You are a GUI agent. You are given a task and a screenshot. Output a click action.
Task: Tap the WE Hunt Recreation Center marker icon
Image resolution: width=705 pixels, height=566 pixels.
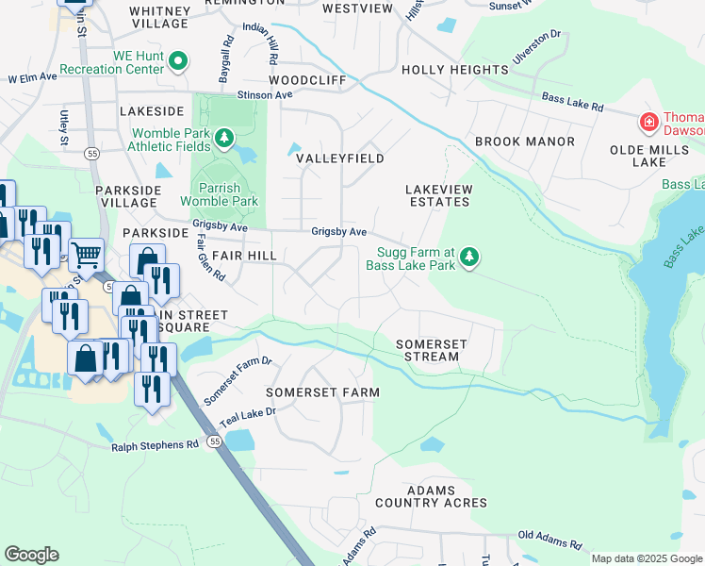179,62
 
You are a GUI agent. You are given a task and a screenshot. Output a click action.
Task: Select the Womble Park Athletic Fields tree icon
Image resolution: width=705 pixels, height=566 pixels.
224,141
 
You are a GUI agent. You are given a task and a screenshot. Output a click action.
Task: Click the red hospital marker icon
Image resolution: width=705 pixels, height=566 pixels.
648,122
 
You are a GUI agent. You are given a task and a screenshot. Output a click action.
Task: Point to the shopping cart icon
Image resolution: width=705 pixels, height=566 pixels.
86,253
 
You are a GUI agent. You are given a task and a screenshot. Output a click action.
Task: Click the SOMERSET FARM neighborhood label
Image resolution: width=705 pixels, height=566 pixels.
322,391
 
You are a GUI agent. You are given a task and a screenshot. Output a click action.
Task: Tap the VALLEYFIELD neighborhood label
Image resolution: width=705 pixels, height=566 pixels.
340,158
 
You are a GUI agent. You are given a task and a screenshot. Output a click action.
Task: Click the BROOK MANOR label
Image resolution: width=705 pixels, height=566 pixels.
524,141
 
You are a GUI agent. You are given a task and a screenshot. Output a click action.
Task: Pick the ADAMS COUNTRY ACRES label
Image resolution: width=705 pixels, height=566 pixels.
431,496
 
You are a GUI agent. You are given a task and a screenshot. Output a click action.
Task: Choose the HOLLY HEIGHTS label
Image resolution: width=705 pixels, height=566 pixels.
455,70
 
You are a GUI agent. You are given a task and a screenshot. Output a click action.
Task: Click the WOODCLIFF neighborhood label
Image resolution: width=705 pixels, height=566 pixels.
307,81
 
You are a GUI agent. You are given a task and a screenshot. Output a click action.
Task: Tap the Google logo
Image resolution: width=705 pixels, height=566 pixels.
31,555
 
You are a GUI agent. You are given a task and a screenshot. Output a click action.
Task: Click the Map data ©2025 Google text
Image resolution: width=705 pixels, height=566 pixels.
646,558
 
